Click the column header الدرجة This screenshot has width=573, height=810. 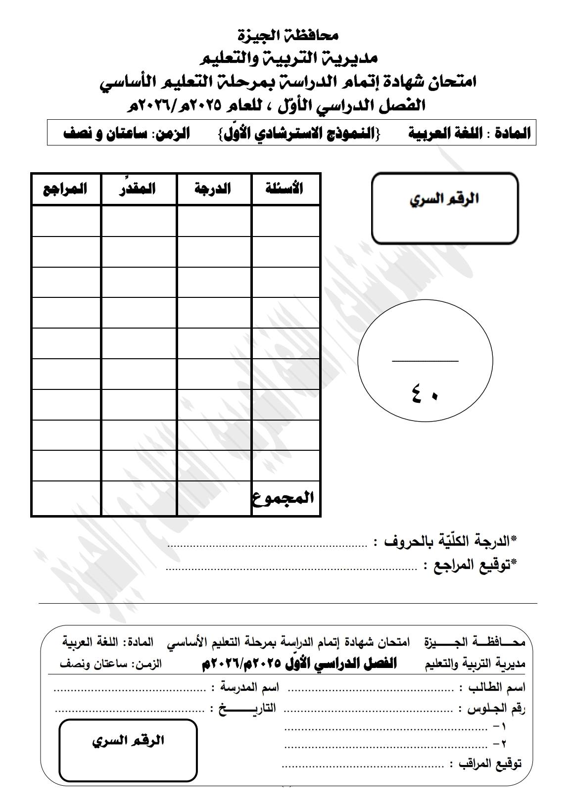click(213, 189)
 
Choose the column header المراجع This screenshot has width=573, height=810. click(65, 189)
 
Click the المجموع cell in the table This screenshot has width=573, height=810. click(284, 497)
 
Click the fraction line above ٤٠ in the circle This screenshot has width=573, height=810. click(425, 361)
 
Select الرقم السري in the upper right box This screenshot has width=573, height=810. click(444, 199)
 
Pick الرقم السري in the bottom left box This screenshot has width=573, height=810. click(128, 741)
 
